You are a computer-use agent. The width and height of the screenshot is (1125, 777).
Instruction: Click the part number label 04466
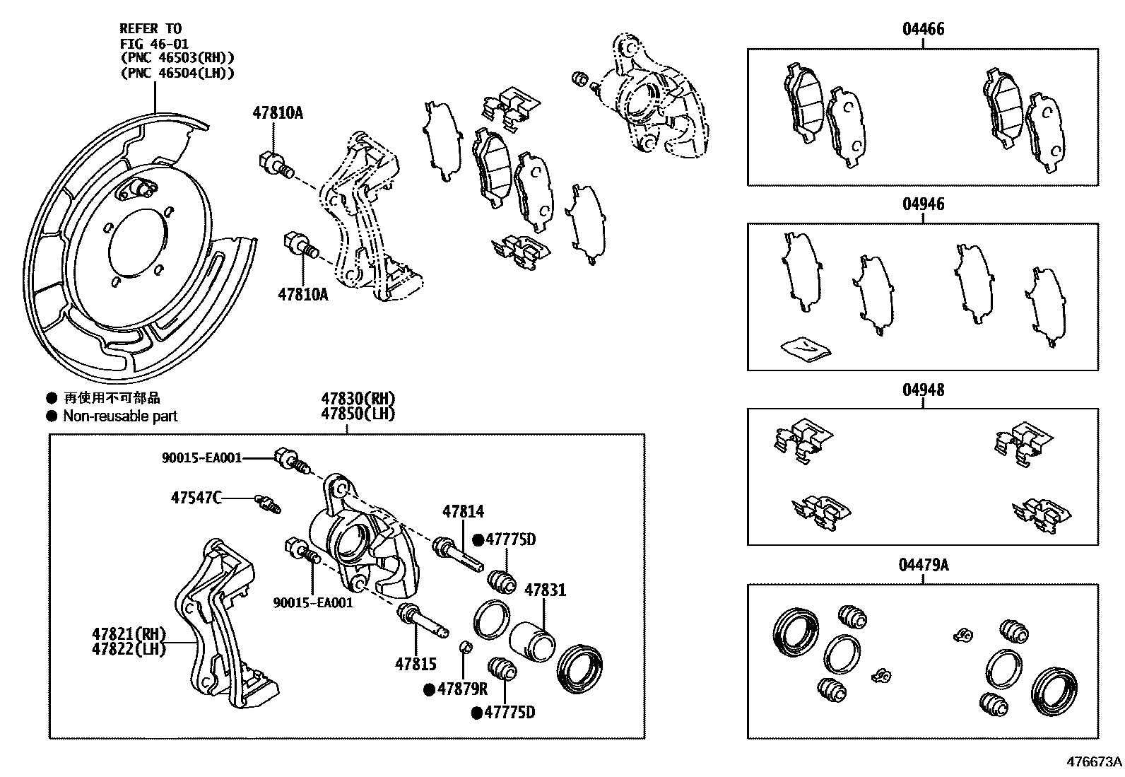tap(923, 29)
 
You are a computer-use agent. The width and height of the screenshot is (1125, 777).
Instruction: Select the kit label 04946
tap(923, 204)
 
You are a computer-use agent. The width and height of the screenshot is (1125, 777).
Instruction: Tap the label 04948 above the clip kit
tap(923, 390)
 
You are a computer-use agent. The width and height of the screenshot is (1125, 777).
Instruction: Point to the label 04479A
tap(923, 565)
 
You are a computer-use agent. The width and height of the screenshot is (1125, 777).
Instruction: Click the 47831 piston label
tap(544, 590)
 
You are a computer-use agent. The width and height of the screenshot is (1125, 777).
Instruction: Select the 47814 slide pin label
tap(464, 511)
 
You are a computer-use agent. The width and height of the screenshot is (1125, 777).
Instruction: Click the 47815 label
tap(416, 664)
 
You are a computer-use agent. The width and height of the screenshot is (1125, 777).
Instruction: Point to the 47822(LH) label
tap(128, 648)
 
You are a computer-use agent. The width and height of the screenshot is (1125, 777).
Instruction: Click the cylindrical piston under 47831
tap(533, 641)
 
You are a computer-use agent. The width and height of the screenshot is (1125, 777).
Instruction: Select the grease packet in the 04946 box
tap(806, 347)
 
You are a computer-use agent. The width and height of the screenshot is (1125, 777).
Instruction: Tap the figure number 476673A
tap(1094, 761)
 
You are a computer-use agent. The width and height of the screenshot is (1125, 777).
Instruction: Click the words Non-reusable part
tap(120, 416)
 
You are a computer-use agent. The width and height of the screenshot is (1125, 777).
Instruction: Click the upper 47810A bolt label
tap(278, 112)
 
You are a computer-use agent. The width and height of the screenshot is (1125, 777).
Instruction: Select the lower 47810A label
tap(302, 294)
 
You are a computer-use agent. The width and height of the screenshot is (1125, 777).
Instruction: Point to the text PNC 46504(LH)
tap(177, 73)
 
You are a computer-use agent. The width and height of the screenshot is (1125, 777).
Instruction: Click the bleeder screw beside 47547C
tap(268, 503)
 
